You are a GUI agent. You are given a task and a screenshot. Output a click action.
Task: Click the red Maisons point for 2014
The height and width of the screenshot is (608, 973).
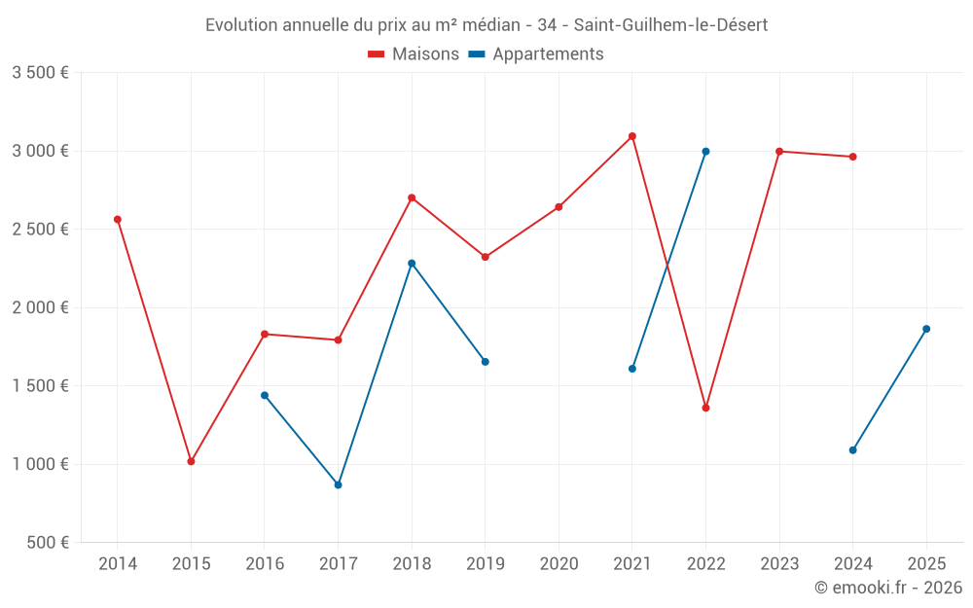118,220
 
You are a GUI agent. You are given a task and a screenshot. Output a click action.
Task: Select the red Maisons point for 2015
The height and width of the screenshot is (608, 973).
191,461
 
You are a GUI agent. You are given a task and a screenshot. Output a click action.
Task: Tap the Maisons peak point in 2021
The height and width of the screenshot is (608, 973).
632,136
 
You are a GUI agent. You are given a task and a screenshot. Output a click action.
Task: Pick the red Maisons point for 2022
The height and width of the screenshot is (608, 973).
705,408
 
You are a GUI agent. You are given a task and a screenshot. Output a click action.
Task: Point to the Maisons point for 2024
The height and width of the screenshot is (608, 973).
852,157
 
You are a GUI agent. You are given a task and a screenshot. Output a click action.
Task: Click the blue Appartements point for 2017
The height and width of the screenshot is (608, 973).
338,484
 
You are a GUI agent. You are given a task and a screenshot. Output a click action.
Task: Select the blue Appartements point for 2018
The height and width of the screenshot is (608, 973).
412,264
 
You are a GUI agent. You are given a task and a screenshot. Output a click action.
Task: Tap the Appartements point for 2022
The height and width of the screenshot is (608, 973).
705,152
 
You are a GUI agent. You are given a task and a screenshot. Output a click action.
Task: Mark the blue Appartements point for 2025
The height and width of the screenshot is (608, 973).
926,329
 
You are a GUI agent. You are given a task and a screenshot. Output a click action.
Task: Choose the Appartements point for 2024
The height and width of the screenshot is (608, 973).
852,450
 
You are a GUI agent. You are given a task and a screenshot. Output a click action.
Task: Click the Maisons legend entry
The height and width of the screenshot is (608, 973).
414,54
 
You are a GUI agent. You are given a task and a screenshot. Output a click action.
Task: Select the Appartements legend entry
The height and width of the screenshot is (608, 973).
536,54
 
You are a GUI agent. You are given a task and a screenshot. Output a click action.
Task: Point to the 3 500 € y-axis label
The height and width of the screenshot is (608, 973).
40,73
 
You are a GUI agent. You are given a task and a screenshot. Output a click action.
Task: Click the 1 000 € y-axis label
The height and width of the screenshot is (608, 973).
40,464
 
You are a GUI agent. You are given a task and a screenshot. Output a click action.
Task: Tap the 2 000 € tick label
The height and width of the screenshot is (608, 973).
40,307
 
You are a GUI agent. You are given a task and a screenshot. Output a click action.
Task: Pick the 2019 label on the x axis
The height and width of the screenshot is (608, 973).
485,563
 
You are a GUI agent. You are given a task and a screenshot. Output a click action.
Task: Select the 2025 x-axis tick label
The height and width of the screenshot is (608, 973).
926,563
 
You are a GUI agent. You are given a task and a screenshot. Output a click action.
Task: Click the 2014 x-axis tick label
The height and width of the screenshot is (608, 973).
118,563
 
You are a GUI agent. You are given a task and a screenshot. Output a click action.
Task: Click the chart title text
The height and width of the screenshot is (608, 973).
486,25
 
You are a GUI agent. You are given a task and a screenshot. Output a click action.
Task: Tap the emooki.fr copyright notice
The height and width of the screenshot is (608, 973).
888,588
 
